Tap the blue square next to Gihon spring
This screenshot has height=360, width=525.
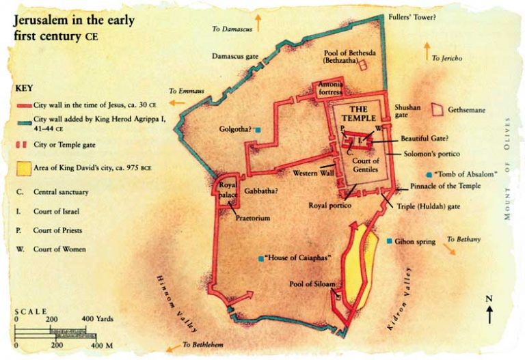click(389, 241)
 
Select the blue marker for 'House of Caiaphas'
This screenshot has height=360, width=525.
click(261, 258)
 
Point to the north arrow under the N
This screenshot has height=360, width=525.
click(489, 316)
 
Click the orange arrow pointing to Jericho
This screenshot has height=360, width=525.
click(427, 49)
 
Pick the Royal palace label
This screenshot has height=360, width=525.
click(226, 189)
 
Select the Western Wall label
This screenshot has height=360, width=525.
click(312, 174)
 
